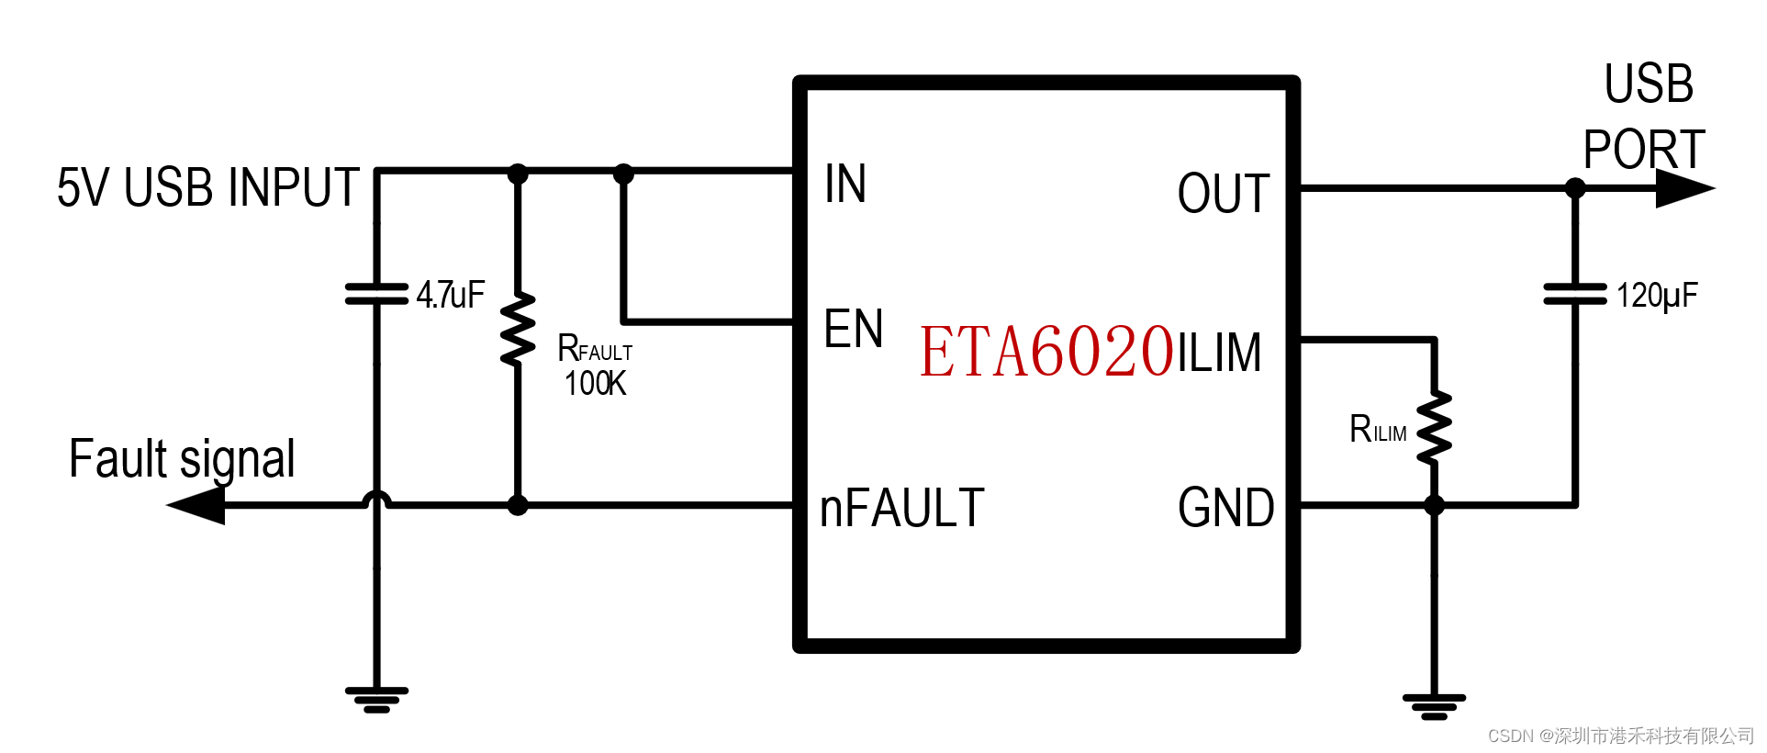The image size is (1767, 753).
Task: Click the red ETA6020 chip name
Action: pyautogui.click(x=1046, y=352)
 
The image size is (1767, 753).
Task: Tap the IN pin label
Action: pyautogui.click(x=844, y=184)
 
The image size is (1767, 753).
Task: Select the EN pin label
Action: pyautogui.click(x=853, y=329)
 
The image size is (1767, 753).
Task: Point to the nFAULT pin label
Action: pyautogui.click(x=901, y=508)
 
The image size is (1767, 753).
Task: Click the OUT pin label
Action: pyautogui.click(x=1223, y=194)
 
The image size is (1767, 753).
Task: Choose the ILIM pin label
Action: pyautogui.click(x=1220, y=353)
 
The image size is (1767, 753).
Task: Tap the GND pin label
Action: pyautogui.click(x=1225, y=508)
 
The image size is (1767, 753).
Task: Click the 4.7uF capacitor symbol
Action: pyautogui.click(x=376, y=294)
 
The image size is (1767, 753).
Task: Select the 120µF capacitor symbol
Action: pyautogui.click(x=1575, y=294)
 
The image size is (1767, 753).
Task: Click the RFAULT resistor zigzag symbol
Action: pyautogui.click(x=518, y=329)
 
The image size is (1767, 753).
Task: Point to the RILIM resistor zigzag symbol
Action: pyautogui.click(x=1434, y=427)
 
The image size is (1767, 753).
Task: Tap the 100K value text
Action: pyautogui.click(x=595, y=384)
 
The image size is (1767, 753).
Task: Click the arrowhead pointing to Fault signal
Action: pyautogui.click(x=197, y=505)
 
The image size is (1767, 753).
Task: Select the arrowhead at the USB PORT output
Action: pyautogui.click(x=1683, y=188)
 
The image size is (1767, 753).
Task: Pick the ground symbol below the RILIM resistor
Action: pyautogui.click(x=1434, y=706)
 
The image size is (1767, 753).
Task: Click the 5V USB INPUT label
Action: pyautogui.click(x=207, y=187)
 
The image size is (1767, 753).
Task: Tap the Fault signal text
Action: pyautogui.click(x=182, y=459)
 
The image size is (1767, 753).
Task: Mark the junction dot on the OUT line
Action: pyautogui.click(x=1575, y=188)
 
